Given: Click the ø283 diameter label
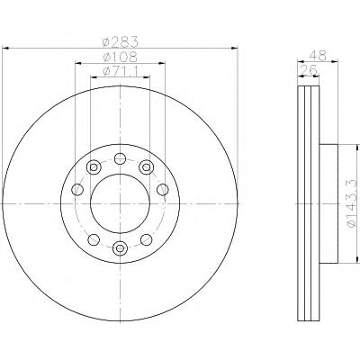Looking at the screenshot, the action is [x=120, y=41].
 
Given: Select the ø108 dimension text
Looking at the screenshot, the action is [x=120, y=57].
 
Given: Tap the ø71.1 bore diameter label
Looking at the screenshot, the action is [x=120, y=71].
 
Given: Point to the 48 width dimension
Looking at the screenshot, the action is [x=318, y=56].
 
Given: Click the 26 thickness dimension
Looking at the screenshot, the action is [x=309, y=70].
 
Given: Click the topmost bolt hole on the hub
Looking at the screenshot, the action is [x=120, y=158].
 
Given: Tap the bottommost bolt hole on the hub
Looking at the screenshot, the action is [x=120, y=247].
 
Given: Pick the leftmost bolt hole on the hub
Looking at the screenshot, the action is [x=77, y=189].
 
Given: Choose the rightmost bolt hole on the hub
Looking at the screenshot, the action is [x=163, y=189].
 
